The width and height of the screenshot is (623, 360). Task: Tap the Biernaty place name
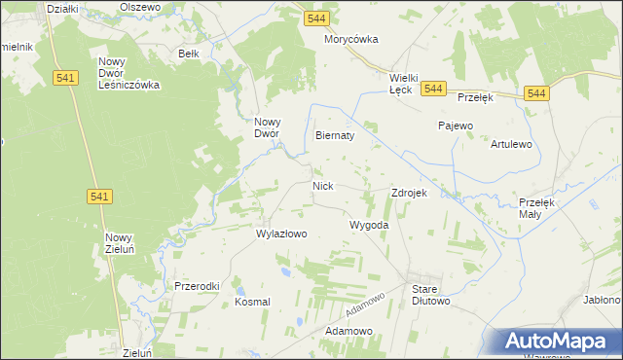335,136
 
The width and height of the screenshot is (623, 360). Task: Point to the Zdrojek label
409,193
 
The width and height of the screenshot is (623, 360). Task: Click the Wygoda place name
369,225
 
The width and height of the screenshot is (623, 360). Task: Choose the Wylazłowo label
281,234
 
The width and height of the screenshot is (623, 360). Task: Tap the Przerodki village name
197,286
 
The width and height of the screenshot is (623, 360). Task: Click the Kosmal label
252,302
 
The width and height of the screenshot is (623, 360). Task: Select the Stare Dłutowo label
430,295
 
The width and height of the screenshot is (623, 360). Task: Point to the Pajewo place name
455,126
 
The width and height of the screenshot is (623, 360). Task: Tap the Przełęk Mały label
536,207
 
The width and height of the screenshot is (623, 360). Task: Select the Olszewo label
139,6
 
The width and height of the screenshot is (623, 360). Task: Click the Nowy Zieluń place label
119,243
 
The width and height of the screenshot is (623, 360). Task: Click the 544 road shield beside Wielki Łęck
434,89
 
